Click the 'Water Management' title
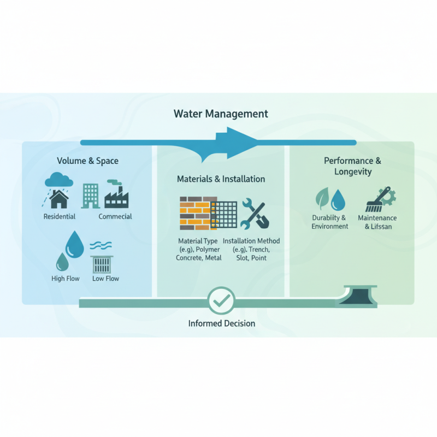pyautogui.click(x=221, y=114)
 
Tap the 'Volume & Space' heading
pyautogui.click(x=87, y=161)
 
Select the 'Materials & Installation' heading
pyautogui.click(x=221, y=179)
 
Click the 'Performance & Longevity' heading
pyautogui.click(x=352, y=166)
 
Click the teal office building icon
pyautogui.click(x=90, y=195)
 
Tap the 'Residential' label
pyautogui.click(x=60, y=217)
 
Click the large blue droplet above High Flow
pyautogui.click(x=74, y=244)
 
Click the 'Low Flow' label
pyautogui.click(x=105, y=279)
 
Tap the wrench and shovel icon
pyautogui.click(x=254, y=213)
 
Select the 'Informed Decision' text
pyautogui.click(x=221, y=323)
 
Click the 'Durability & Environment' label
pyautogui.click(x=329, y=222)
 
